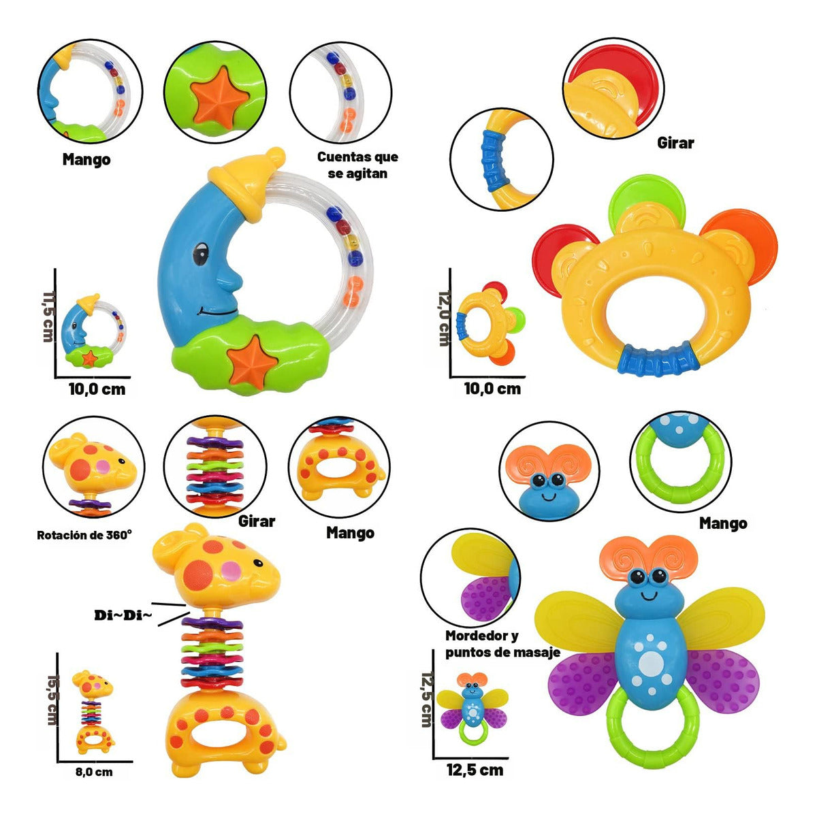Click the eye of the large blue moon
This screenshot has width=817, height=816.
point(201,253)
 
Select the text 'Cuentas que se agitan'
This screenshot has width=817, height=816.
point(357,165)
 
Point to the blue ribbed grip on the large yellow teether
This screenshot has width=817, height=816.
point(657,359)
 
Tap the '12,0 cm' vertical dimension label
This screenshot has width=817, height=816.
point(444,318)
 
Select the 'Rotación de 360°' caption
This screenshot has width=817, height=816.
point(84,535)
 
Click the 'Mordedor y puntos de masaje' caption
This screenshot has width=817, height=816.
point(502,644)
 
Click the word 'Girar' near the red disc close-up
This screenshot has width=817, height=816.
point(675,143)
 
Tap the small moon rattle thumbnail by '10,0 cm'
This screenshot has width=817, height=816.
point(94,331)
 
